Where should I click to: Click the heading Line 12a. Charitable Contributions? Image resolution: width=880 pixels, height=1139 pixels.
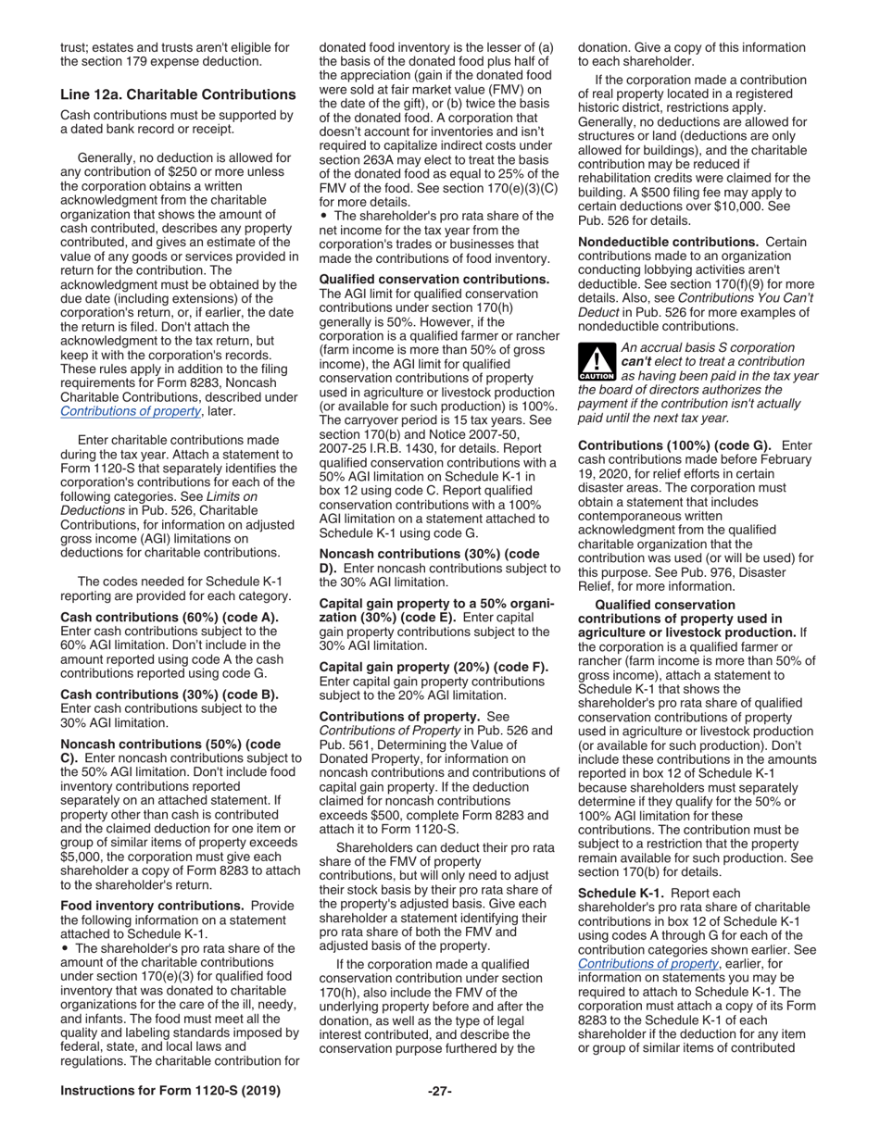tap(178, 94)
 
